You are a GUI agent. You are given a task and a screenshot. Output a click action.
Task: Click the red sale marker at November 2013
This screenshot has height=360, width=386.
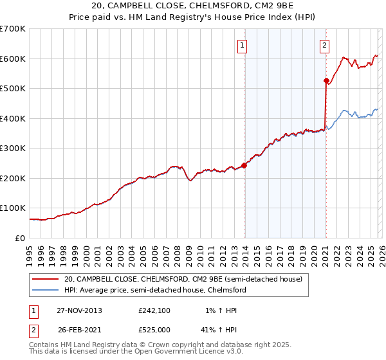pos(244,165)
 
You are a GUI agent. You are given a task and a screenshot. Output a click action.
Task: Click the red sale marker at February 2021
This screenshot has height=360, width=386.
pos(326,81)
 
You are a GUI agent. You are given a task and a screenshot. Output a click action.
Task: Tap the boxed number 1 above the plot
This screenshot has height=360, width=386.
pos(243,45)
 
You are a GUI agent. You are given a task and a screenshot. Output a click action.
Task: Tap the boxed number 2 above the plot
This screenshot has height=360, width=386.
pos(324,45)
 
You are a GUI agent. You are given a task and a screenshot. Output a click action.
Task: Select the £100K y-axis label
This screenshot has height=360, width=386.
pos(13,208)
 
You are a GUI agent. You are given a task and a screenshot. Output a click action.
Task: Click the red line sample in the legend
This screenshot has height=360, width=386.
pos(46,280)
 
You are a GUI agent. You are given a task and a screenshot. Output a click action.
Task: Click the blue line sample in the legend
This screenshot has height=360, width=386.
pos(46,291)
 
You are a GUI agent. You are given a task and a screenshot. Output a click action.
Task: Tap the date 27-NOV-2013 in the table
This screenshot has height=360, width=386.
pos(79,310)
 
